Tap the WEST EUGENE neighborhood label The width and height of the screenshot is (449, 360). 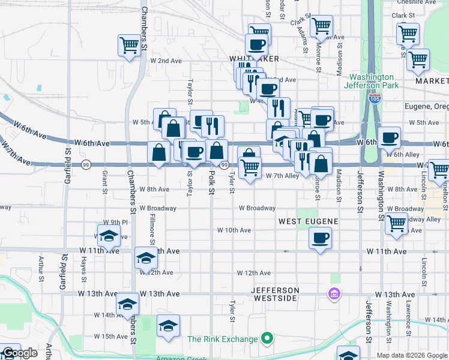tap(309, 221)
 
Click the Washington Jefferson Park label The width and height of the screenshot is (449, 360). tap(372, 81)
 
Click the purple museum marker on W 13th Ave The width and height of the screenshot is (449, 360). tap(334, 294)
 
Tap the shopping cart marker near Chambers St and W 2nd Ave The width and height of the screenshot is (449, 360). tap(129, 45)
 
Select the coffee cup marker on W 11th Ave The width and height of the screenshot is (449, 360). tap(321, 239)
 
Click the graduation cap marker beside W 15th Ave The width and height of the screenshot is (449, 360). tap(168, 326)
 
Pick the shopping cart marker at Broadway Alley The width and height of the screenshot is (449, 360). tap(397, 223)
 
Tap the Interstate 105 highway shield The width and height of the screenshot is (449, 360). tap(375, 98)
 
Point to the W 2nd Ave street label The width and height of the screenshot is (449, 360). tap(166, 61)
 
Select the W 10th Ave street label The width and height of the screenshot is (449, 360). tap(234, 230)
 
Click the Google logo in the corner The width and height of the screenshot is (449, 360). tap(20, 353)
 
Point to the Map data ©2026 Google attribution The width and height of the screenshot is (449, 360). tap(412, 355)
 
